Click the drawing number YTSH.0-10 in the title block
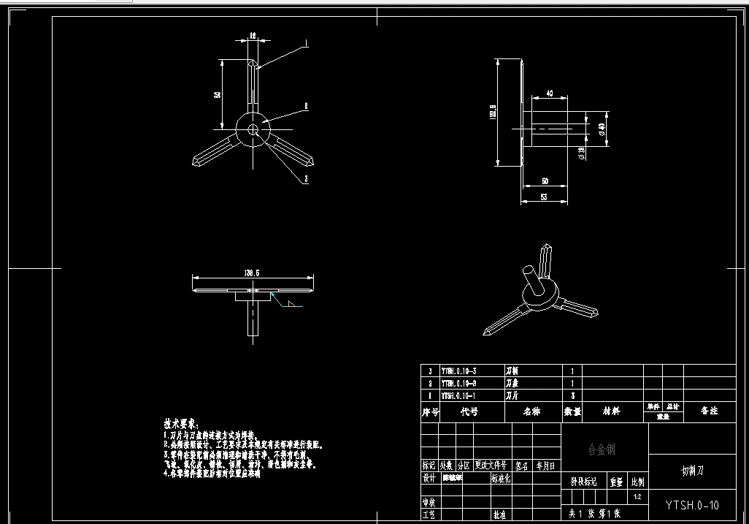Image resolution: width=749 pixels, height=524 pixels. click(x=692, y=505)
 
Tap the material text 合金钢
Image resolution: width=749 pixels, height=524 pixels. click(x=602, y=450)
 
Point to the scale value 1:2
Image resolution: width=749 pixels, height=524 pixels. click(x=637, y=498)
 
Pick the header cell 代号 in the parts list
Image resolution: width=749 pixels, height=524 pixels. click(x=468, y=411)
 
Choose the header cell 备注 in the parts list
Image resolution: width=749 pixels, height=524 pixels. click(x=709, y=411)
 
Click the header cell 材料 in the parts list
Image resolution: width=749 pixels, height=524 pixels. click(x=611, y=411)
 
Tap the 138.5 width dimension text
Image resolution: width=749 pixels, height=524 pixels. click(x=252, y=273)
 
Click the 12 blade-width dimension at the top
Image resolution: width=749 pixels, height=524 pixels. click(x=253, y=35)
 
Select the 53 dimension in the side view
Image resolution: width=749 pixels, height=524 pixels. click(x=544, y=197)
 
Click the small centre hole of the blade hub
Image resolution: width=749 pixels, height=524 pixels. click(x=253, y=130)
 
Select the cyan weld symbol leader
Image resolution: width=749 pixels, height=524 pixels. click(x=280, y=298)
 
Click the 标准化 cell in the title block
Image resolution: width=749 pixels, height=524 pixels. click(x=502, y=479)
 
